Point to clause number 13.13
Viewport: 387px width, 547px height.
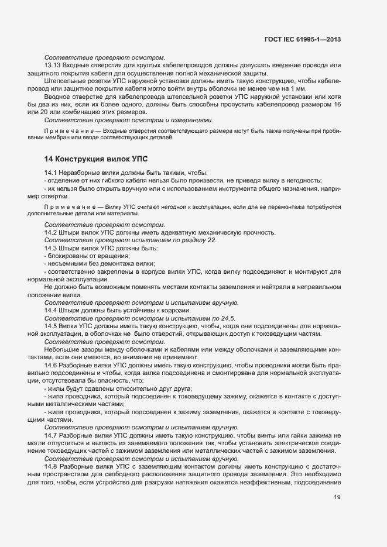(x=53, y=66)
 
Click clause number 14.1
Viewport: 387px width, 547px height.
(x=51, y=173)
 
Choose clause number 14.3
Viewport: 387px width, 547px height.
(x=51, y=248)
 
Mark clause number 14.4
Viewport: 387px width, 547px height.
(x=51, y=309)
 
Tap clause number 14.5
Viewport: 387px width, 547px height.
(x=51, y=325)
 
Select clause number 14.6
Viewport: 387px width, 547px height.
(x=51, y=363)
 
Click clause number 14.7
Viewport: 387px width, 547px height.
(x=51, y=435)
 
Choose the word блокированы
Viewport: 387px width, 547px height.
(x=70, y=256)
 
